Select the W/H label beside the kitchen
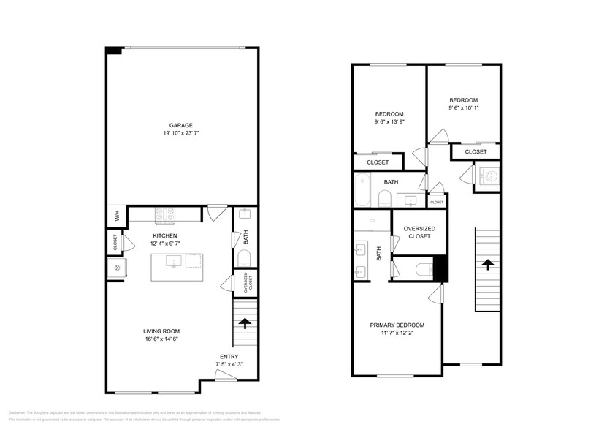pyautogui.click(x=116, y=216)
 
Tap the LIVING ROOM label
pyautogui.click(x=161, y=331)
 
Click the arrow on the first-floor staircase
pyautogui.click(x=245, y=321)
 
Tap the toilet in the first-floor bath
pyautogui.click(x=245, y=257)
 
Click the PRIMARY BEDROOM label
pyautogui.click(x=397, y=325)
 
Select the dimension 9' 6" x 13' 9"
pyautogui.click(x=389, y=123)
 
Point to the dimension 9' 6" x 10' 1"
pyautogui.click(x=463, y=108)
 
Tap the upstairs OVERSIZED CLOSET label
pyautogui.click(x=419, y=233)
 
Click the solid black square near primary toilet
pyautogui.click(x=440, y=268)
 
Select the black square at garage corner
pyautogui.click(x=113, y=50)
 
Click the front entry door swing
pyautogui.click(x=226, y=375)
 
